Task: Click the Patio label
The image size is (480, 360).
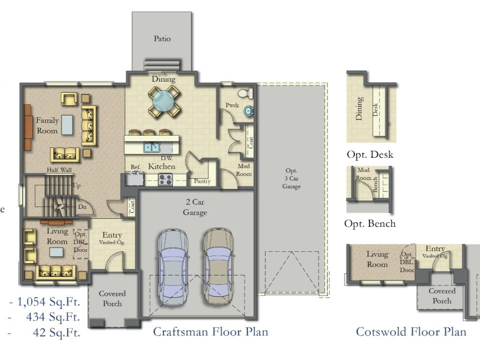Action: tap(162, 39)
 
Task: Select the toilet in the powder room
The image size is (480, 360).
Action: tap(245, 93)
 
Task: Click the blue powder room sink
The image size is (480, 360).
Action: tap(248, 111)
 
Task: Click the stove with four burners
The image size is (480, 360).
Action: tap(165, 180)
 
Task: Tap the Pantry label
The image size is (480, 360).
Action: tap(202, 181)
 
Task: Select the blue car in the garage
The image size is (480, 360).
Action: tap(172, 265)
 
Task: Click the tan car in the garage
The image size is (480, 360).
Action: tap(219, 265)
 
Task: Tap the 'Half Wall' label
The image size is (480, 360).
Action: tap(59, 170)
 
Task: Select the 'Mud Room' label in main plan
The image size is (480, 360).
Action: tap(244, 170)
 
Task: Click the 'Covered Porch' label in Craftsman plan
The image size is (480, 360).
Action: tap(112, 299)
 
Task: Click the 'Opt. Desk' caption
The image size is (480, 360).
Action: tap(369, 154)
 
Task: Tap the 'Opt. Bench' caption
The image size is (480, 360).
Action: tap(370, 223)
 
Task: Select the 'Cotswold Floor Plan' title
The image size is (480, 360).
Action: tap(411, 332)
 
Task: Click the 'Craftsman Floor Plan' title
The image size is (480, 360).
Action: tap(210, 332)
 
